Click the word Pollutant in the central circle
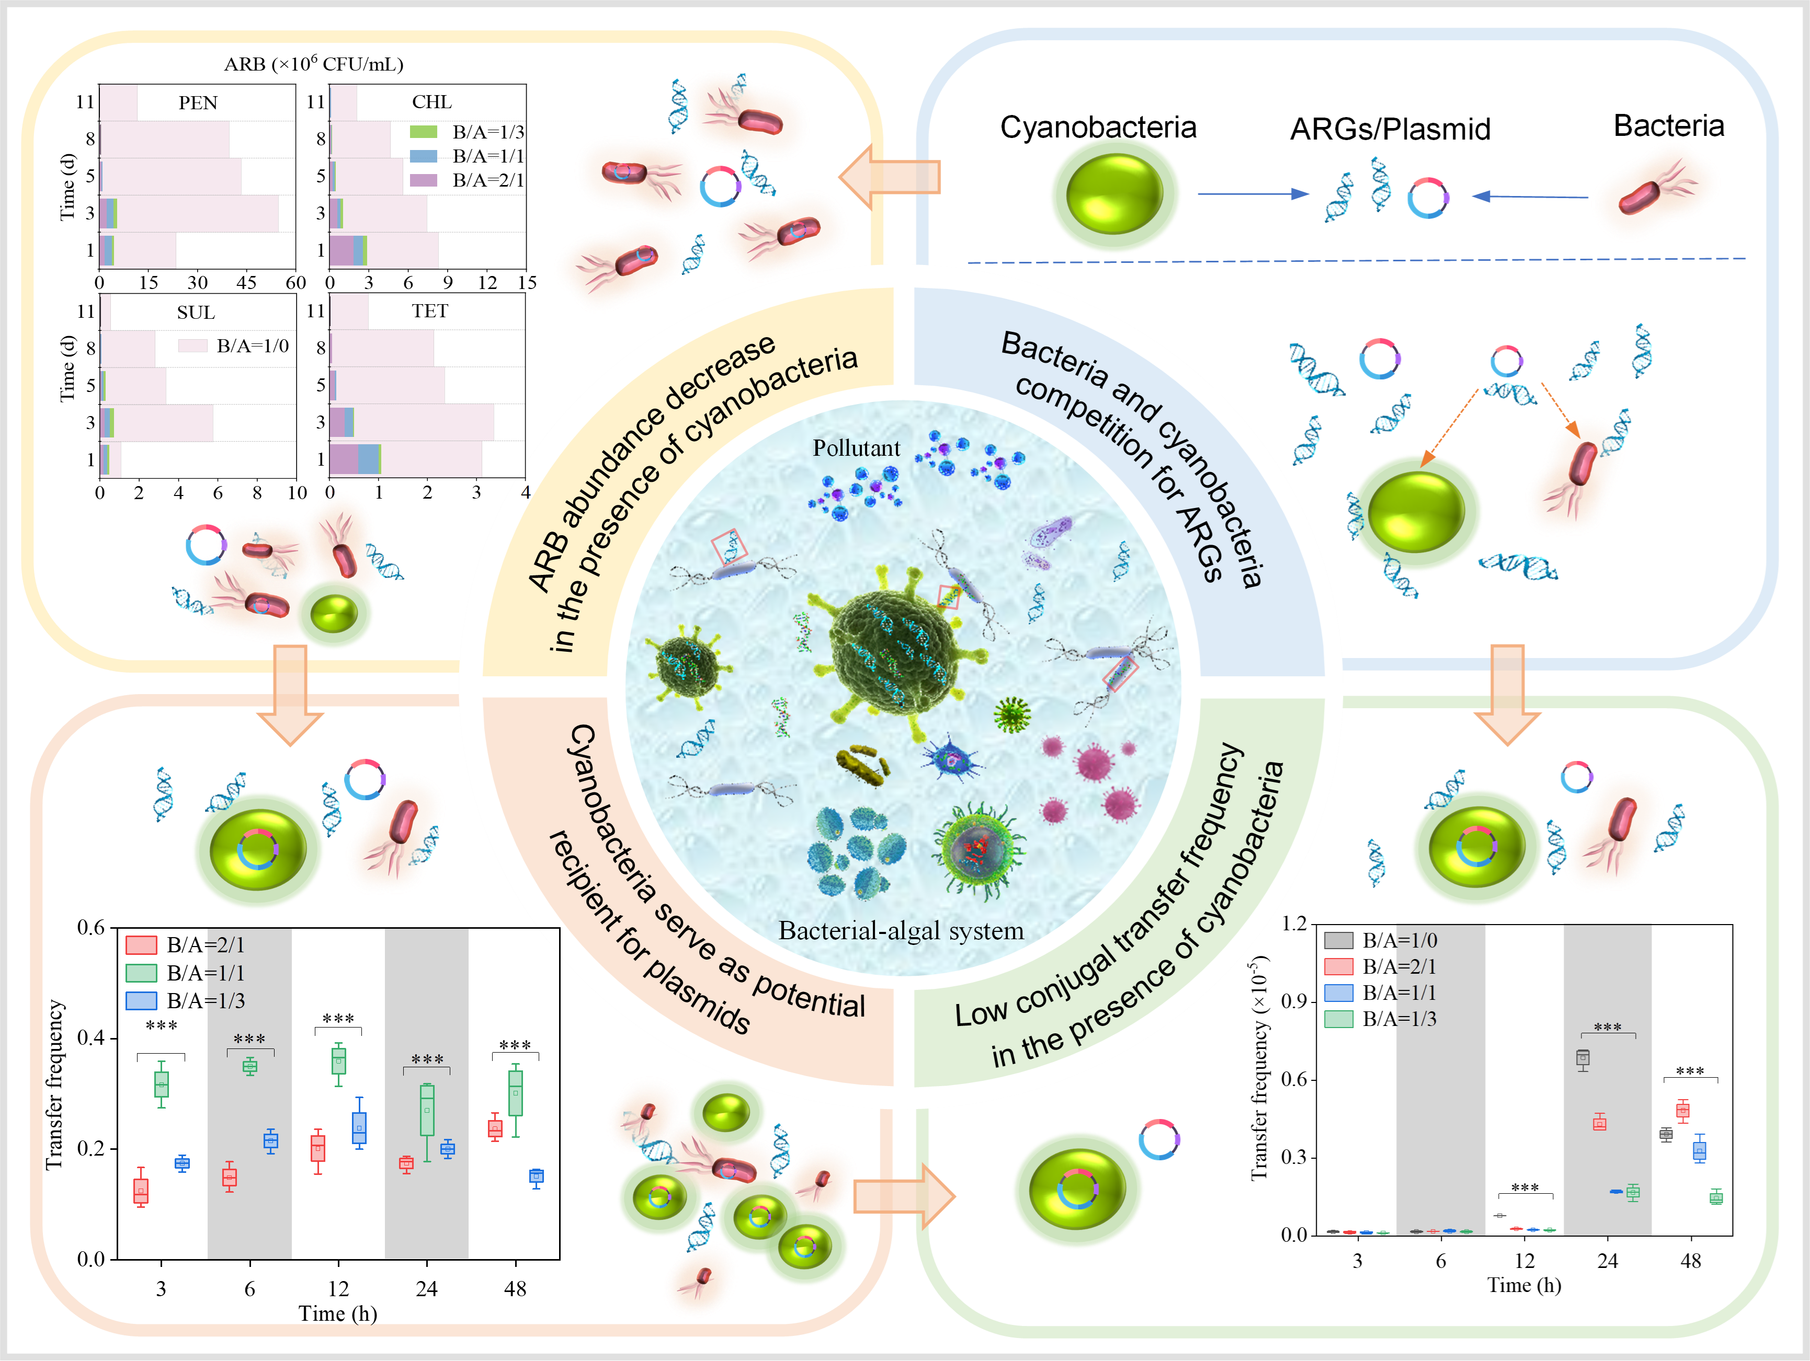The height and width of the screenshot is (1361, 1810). pyautogui.click(x=856, y=448)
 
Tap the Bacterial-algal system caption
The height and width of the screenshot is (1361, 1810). pyautogui.click(x=901, y=931)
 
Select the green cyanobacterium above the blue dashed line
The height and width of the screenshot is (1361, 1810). pyautogui.click(x=1114, y=194)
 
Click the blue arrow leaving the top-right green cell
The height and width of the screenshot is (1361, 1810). pyautogui.click(x=1252, y=194)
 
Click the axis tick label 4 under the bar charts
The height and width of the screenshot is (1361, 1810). pyautogui.click(x=526, y=492)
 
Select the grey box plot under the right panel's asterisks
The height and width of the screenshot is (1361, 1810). pyautogui.click(x=1583, y=1059)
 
